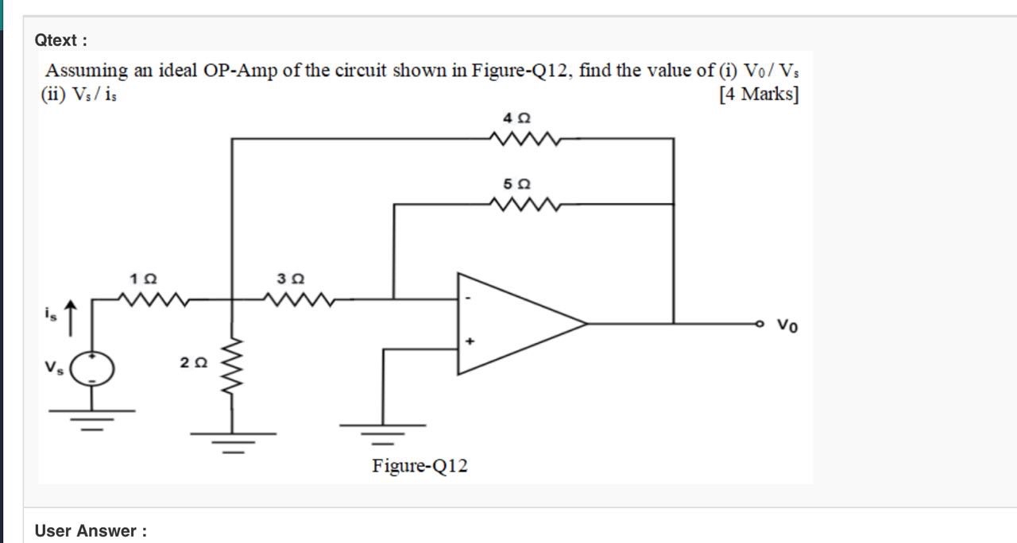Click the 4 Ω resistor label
coord(516,117)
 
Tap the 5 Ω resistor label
coord(516,183)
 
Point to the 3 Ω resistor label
coord(291,279)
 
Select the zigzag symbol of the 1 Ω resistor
coord(153,299)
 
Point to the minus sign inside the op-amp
coord(468,299)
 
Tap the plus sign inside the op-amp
coord(470,341)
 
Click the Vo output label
coord(787,325)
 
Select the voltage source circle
coord(92,368)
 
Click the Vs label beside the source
coord(52,368)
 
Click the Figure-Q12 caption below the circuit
coord(420,465)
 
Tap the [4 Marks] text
coord(758,94)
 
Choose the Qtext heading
coord(60,39)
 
